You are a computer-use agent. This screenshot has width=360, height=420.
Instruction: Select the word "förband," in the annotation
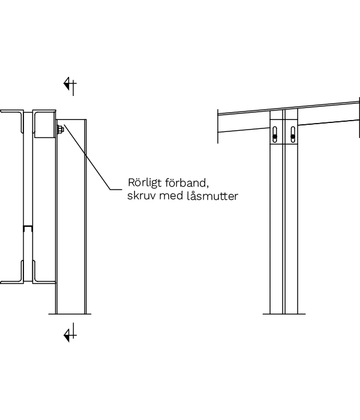pyautogui.click(x=188, y=182)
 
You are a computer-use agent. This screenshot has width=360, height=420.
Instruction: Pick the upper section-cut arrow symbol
pyautogui.click(x=70, y=85)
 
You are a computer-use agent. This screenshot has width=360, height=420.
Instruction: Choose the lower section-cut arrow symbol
pyautogui.click(x=70, y=333)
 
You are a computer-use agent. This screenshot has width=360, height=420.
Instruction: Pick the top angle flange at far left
pyautogui.click(x=12, y=112)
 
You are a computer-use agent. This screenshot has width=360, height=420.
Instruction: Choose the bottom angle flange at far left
pyautogui.click(x=12, y=281)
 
